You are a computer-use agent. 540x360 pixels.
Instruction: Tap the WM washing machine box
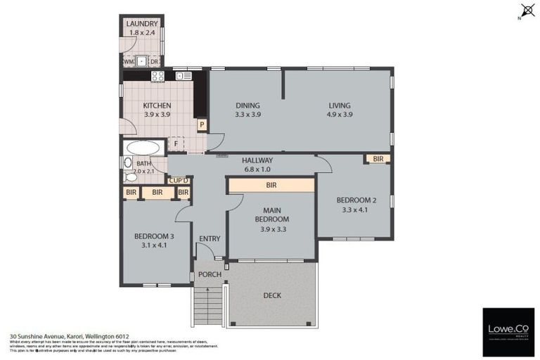coord(129,61)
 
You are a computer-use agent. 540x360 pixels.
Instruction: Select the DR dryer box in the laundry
coord(155,61)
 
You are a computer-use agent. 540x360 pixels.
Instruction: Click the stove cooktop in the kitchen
coord(157,76)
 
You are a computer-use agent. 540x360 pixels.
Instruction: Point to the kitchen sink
coord(184,76)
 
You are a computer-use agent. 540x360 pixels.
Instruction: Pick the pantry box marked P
coord(201,125)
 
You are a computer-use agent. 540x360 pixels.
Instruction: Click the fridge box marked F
coord(176,144)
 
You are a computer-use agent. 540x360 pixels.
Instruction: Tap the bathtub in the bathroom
coord(143,148)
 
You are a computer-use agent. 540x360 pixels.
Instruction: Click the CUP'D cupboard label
coord(179,180)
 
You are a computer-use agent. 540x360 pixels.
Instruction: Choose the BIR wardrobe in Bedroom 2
coord(378,160)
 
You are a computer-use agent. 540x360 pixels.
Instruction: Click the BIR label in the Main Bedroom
coord(271,186)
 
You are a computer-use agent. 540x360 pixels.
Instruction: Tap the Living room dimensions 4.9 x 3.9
coord(340,115)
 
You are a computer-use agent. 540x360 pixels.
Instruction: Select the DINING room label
coord(247,106)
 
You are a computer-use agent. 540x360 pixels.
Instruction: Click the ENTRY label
coord(210,239)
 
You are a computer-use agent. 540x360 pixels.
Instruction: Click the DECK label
coord(272,295)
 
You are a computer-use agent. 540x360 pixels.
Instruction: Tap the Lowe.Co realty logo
coord(508,330)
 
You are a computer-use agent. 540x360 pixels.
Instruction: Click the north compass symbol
coord(525,11)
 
